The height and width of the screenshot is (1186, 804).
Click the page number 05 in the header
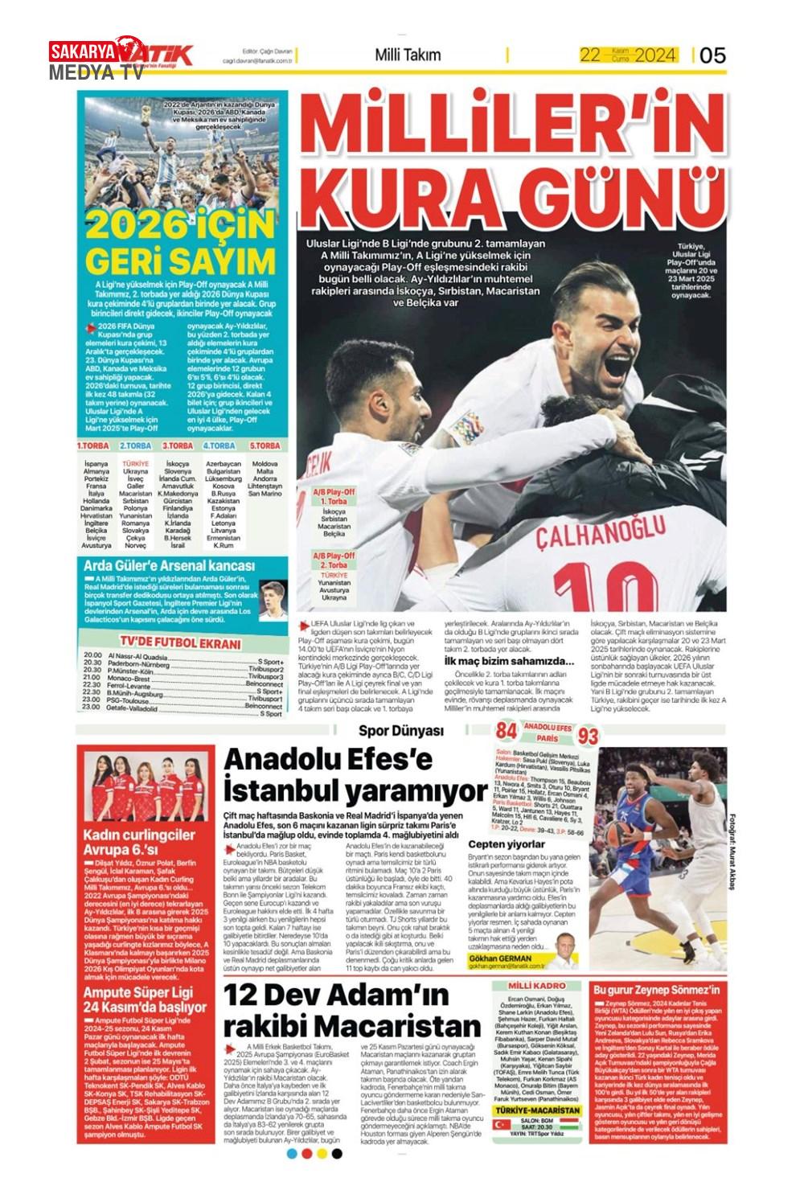point(712,55)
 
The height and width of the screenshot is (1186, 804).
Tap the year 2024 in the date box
point(654,55)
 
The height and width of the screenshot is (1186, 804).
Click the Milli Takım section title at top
point(408,55)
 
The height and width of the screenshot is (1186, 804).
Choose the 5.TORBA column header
point(265,445)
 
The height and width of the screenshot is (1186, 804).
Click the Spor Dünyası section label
point(412,730)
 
